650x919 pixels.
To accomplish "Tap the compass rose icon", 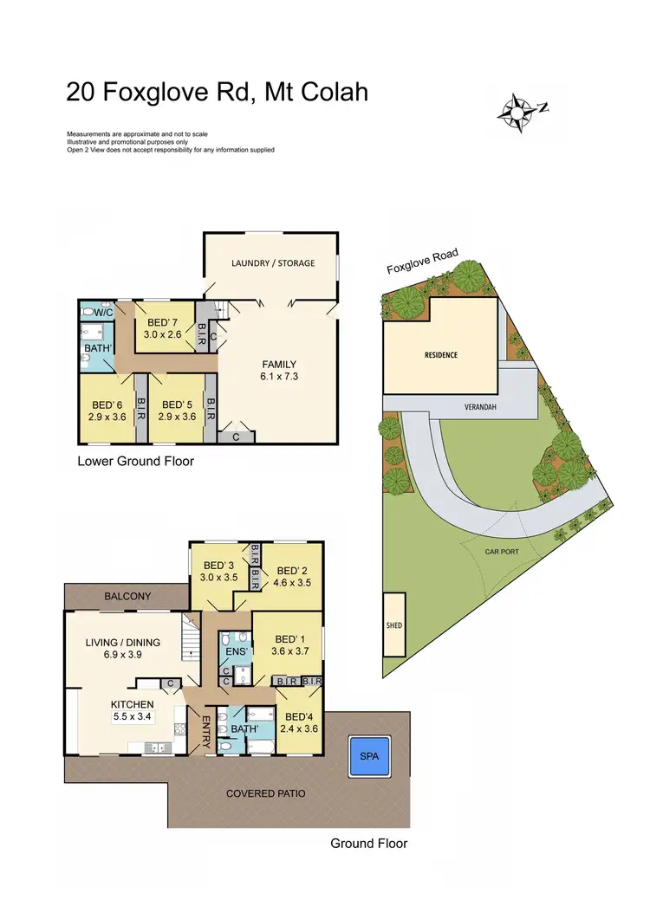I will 517,112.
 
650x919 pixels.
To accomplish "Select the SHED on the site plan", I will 394,625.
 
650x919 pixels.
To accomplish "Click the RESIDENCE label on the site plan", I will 440,355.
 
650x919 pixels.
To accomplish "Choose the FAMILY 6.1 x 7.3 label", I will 280,365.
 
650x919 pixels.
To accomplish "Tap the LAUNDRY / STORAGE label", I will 273,262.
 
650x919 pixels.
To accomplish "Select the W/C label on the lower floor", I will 104,312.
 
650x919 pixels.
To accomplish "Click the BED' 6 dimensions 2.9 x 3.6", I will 107,417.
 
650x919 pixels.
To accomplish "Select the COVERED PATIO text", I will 265,793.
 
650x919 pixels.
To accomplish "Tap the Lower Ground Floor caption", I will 136,462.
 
